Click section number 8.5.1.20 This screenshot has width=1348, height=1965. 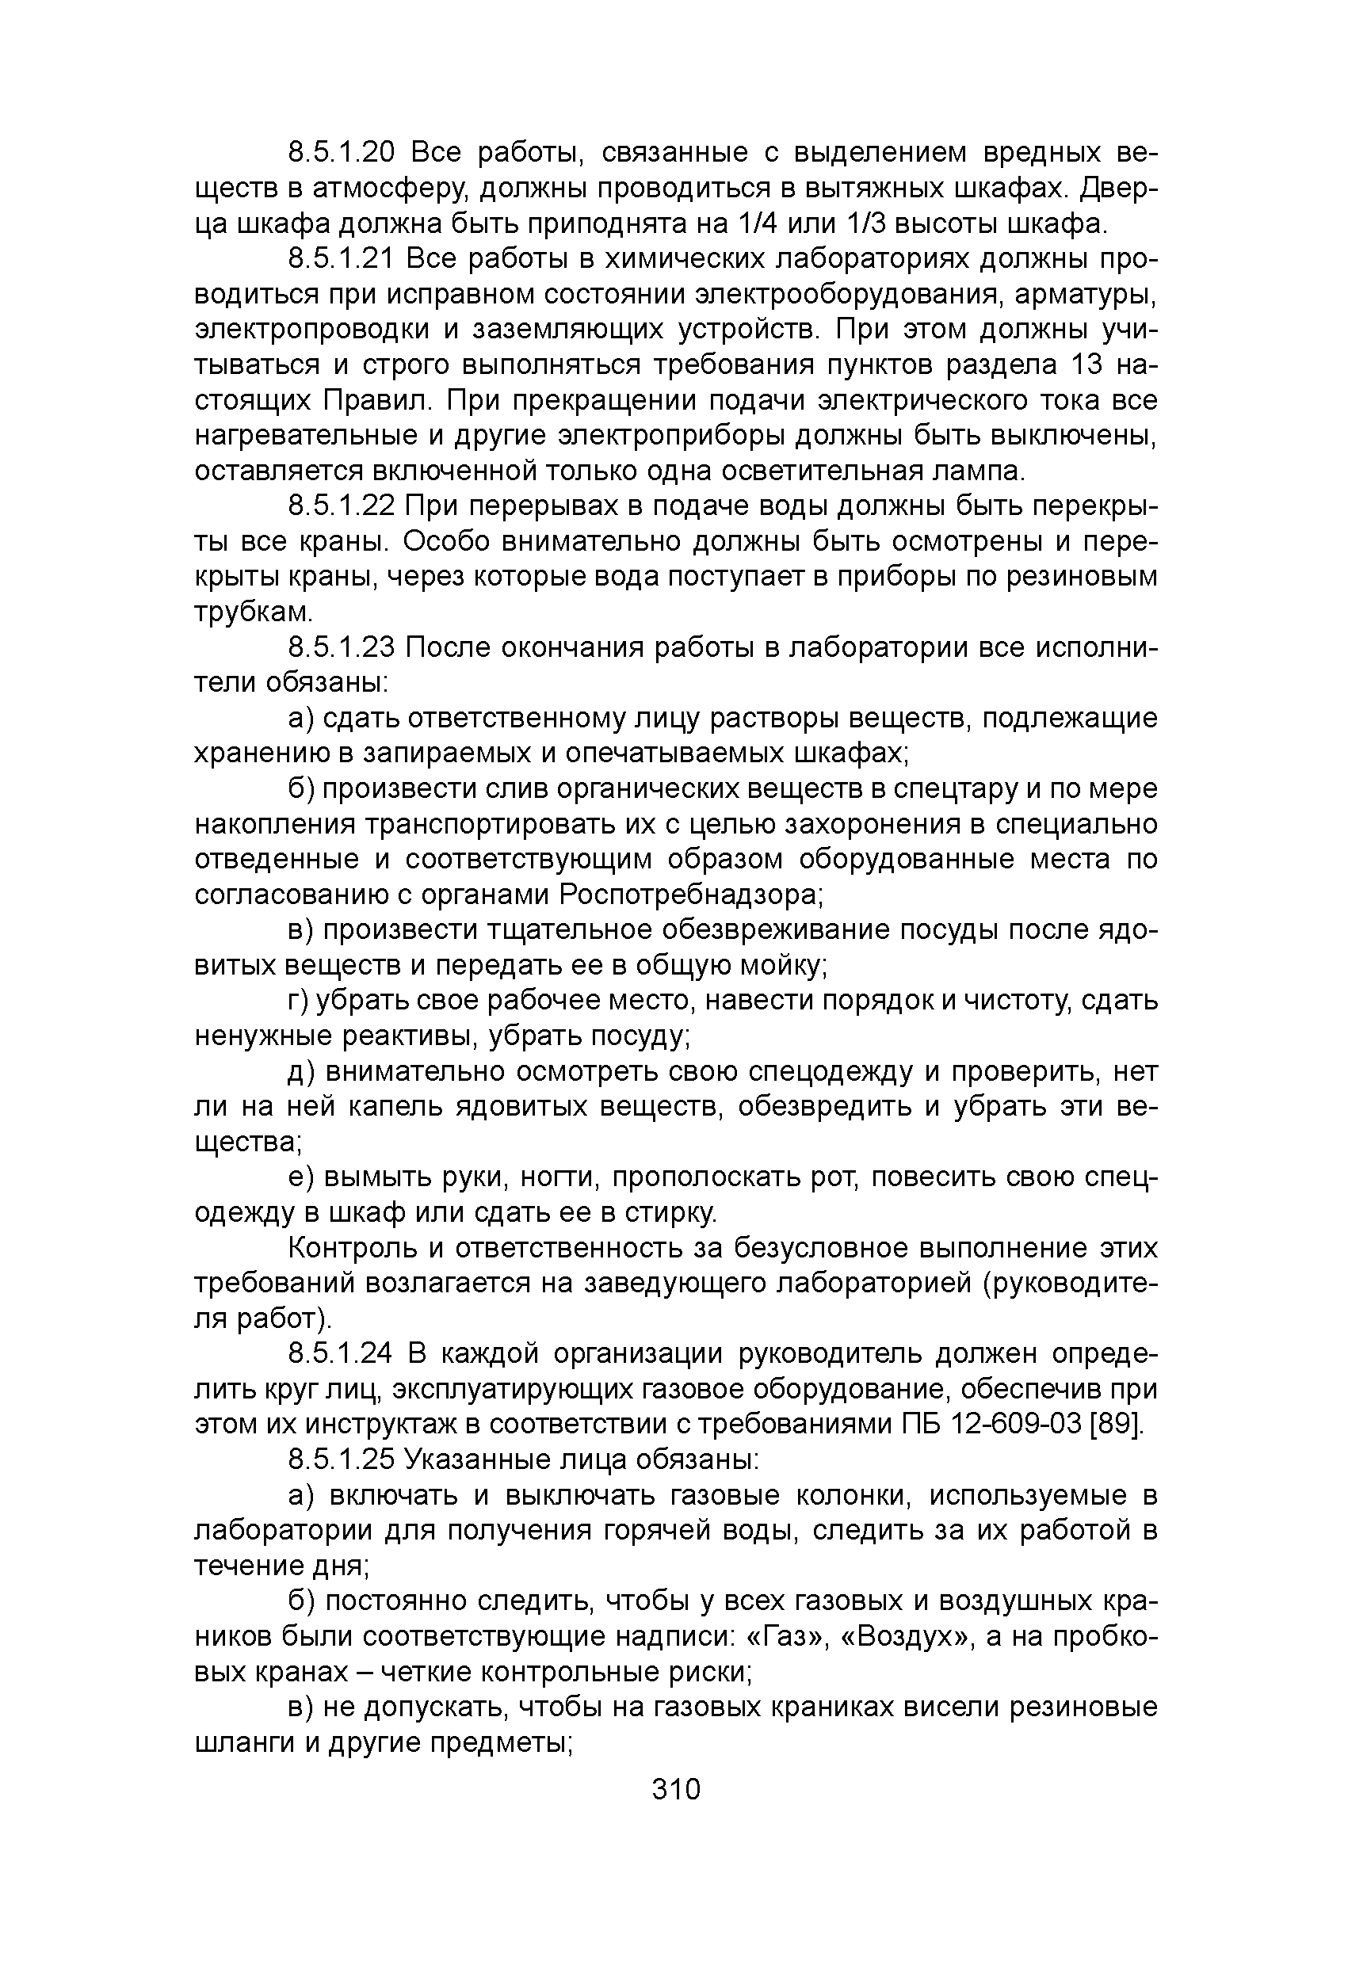(x=342, y=153)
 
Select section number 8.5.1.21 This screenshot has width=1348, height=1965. (x=341, y=259)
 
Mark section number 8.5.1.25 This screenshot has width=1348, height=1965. (x=342, y=1460)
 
